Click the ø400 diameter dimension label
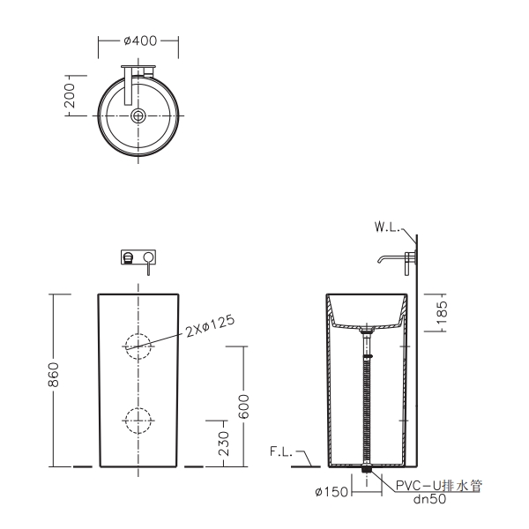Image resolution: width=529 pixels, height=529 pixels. click(140, 41)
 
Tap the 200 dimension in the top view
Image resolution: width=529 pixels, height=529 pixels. click(70, 96)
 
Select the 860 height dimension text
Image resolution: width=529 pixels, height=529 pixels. click(53, 375)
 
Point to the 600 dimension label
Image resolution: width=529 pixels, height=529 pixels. click(243, 406)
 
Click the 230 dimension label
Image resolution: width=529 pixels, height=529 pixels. click(223, 443)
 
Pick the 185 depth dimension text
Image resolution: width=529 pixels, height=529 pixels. click(442, 312)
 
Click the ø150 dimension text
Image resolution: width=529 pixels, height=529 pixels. click(332, 492)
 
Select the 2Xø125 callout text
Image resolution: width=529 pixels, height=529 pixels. click(210, 326)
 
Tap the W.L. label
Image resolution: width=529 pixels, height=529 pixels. click(387, 227)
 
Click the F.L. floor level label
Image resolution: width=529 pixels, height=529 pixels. click(281, 451)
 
